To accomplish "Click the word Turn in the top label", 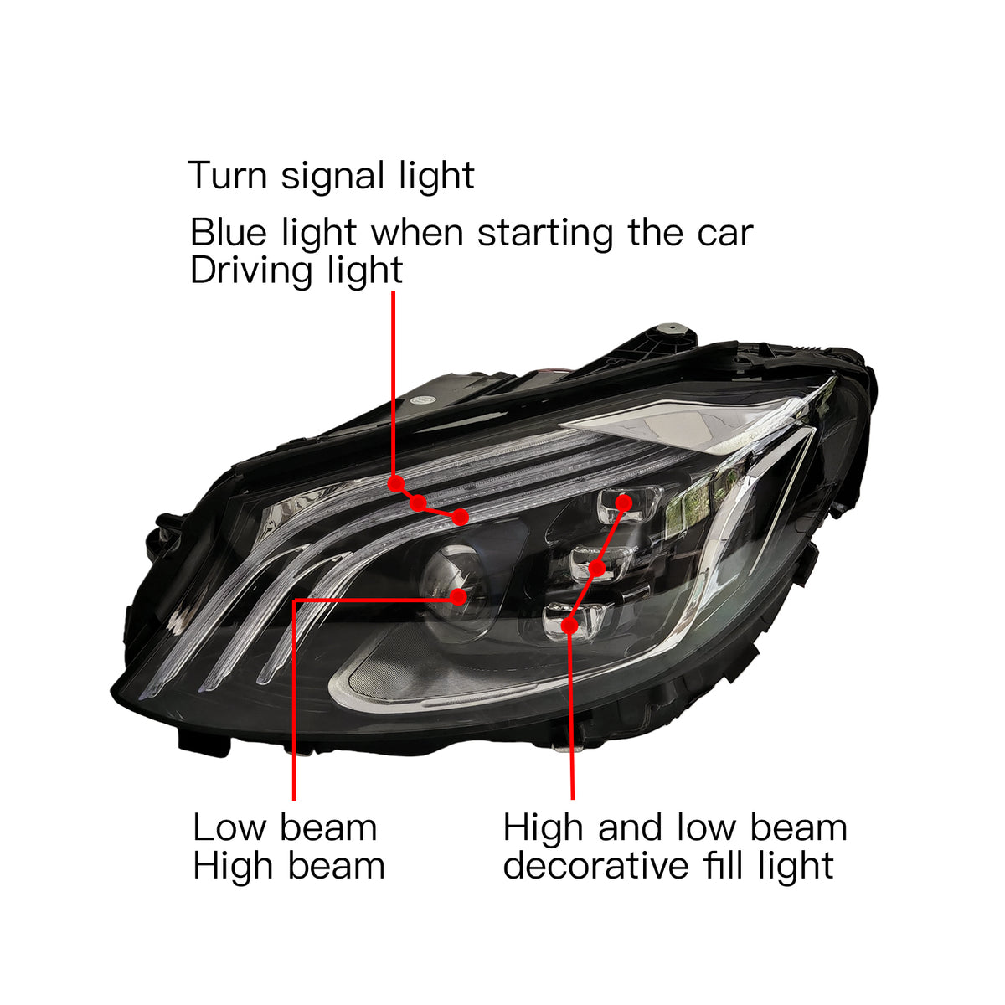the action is click(x=227, y=175).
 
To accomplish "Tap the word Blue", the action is click(x=229, y=232).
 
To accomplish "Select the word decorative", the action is click(x=596, y=866).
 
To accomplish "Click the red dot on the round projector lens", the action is click(x=458, y=596).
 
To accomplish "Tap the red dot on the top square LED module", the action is click(x=624, y=502).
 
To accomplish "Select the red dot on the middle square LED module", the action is click(x=596, y=568).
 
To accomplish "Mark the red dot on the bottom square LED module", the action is click(x=569, y=626).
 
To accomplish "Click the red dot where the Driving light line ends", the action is click(x=460, y=518).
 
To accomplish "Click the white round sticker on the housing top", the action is click(x=423, y=400).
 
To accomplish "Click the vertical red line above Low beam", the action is click(x=294, y=699).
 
